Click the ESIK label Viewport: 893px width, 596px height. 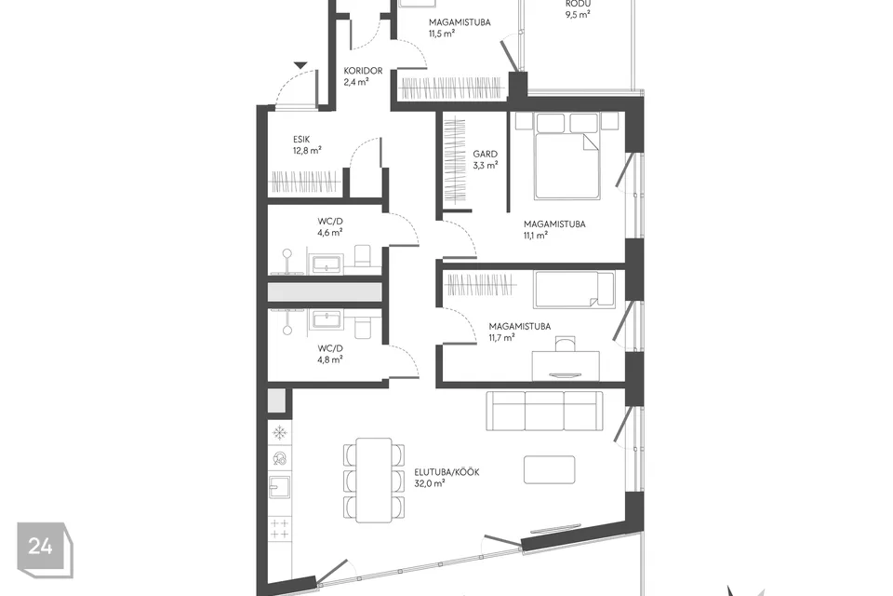click(x=302, y=139)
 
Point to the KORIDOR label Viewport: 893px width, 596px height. click(x=363, y=71)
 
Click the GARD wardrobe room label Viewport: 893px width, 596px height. click(x=485, y=154)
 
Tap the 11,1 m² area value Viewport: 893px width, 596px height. click(x=535, y=236)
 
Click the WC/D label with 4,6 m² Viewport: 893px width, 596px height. click(x=330, y=221)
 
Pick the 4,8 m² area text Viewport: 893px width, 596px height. click(x=330, y=359)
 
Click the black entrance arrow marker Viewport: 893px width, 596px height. click(x=300, y=65)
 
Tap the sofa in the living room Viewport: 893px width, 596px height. click(x=544, y=410)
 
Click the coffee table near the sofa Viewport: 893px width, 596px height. click(x=549, y=468)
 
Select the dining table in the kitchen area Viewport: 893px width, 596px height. click(x=374, y=479)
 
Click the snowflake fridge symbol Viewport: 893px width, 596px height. click(x=279, y=432)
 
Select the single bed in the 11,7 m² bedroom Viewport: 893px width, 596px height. click(x=574, y=290)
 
